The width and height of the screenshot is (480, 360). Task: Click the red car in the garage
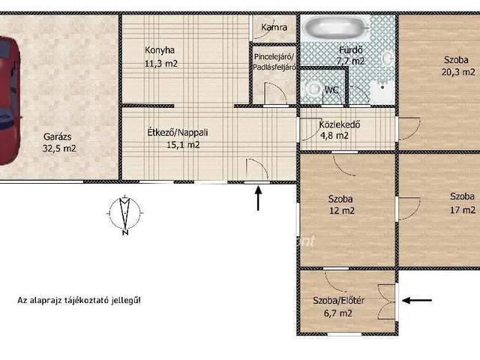pos(9,101)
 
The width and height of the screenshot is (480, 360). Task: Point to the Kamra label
pos(274,27)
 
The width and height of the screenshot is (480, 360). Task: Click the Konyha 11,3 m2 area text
pos(160,63)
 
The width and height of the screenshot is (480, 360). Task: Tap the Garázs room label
pos(58,136)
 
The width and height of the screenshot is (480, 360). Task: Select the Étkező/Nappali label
pos(178,133)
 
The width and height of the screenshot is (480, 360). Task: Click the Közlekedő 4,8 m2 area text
pos(334,135)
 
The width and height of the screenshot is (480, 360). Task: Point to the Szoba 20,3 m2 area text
pos(458,72)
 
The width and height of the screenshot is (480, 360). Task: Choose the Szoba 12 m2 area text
pos(342,211)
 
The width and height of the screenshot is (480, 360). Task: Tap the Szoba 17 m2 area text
pos(463,210)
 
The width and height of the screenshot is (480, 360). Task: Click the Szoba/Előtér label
pos(338,301)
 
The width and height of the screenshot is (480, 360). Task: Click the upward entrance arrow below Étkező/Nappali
pos(258,198)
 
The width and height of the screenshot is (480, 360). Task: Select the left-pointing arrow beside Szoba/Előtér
pos(417,301)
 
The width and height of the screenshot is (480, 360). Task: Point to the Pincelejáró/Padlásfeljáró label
pos(274,62)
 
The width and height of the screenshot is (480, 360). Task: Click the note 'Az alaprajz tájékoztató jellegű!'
pos(79,300)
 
